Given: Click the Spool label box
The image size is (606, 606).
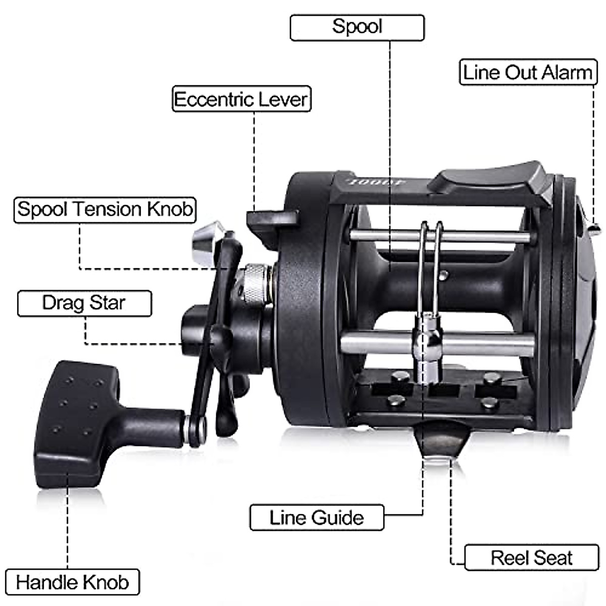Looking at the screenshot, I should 357,27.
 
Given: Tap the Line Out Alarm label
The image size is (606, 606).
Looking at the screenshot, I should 528,72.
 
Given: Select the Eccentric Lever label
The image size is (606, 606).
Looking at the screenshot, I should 241,99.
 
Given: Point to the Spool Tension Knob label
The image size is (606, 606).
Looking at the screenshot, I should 105,209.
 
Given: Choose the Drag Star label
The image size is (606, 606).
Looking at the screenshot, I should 84,303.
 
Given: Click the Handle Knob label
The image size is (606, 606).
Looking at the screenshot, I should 72,582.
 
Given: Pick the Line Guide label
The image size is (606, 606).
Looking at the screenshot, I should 317,518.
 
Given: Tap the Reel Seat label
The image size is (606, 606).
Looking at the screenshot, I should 531,558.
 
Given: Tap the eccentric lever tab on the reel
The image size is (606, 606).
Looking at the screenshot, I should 272,219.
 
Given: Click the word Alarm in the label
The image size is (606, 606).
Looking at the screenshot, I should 568,72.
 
